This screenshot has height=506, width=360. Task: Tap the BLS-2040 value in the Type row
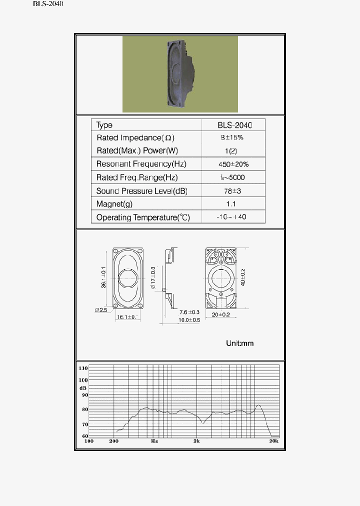tap(235, 125)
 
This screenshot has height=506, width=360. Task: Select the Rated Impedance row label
tap(135, 137)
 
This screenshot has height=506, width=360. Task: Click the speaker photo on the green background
tap(180, 74)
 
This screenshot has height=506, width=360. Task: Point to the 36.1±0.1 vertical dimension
tap(103, 277)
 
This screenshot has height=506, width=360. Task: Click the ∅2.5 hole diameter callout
tap(102, 310)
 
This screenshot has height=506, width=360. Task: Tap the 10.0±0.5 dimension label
tap(189, 320)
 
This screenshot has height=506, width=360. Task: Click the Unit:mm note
tap(240, 343)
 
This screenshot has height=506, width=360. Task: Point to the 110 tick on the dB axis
tap(83, 368)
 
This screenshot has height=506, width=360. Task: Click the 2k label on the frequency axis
tap(196, 441)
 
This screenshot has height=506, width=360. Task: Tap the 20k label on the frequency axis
tap(273, 441)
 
